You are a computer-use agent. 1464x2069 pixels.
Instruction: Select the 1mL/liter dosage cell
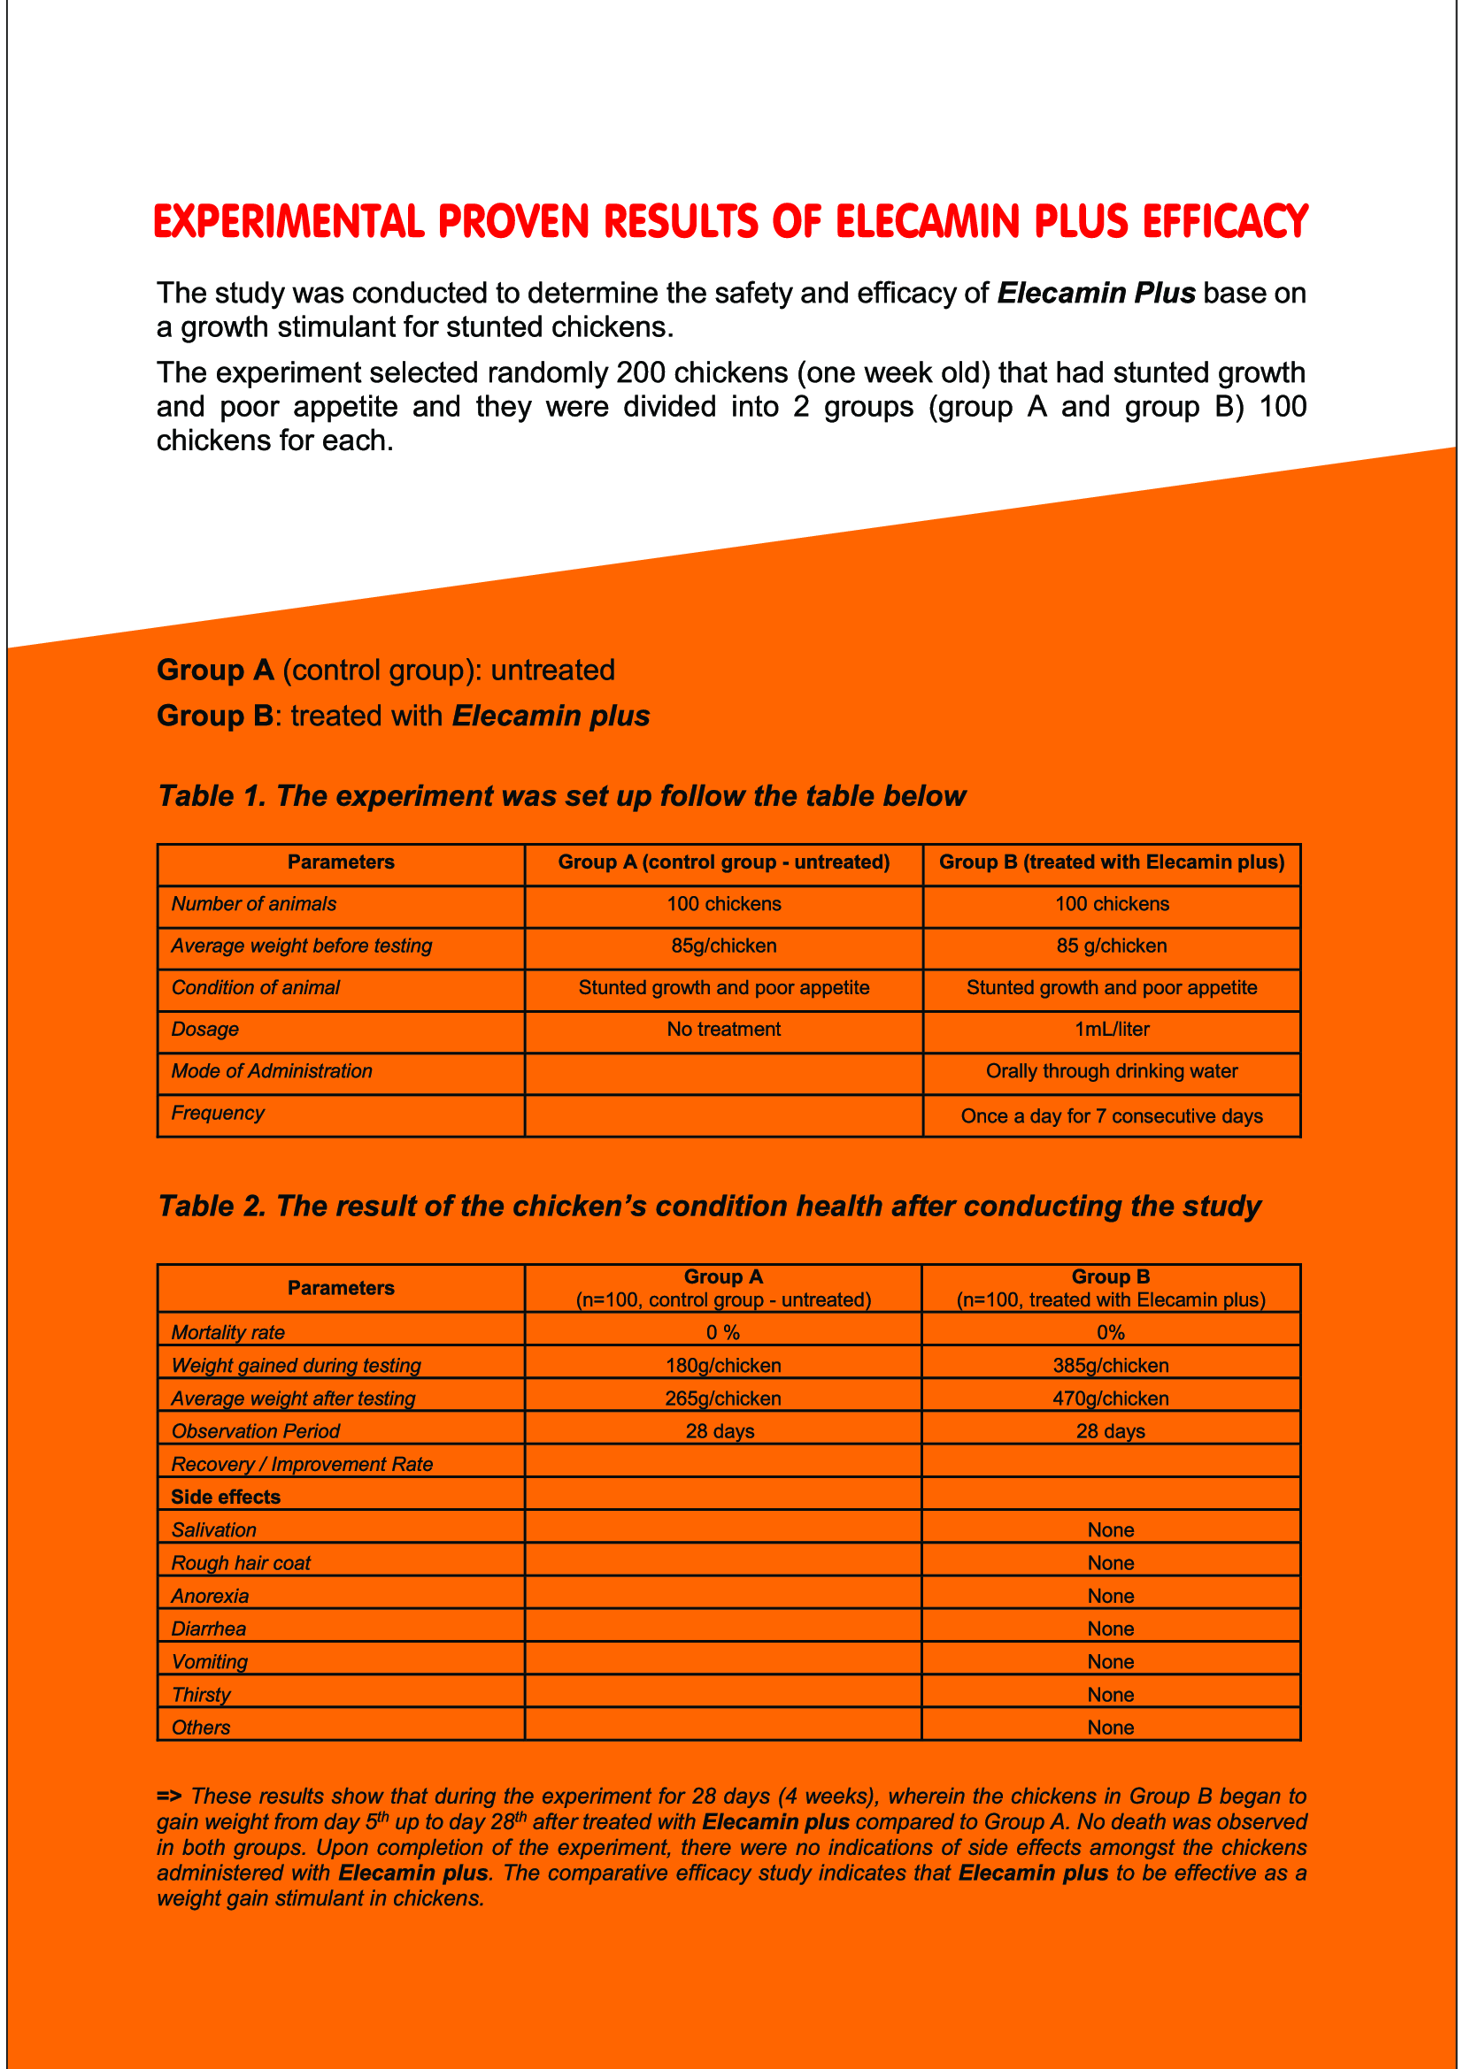pyautogui.click(x=1112, y=1029)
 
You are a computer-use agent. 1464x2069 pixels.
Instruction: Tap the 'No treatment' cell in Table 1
pyautogui.click(x=723, y=1029)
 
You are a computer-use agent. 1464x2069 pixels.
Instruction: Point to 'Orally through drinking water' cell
pyautogui.click(x=1112, y=1070)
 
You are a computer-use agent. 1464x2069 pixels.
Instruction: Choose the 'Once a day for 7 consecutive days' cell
pyautogui.click(x=1112, y=1115)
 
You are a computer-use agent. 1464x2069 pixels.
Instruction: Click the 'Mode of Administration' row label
pyautogui.click(x=272, y=1070)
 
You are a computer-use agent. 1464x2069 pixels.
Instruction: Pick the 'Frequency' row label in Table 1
pyautogui.click(x=217, y=1113)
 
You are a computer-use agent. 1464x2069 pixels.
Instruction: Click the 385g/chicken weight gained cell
pyautogui.click(x=1111, y=1365)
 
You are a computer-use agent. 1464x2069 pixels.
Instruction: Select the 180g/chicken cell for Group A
pyautogui.click(x=723, y=1365)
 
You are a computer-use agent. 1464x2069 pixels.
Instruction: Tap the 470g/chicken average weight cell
pyautogui.click(x=1111, y=1398)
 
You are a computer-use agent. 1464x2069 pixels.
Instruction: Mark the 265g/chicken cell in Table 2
pyautogui.click(x=723, y=1398)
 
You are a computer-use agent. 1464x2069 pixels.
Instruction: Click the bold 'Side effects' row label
pyautogui.click(x=226, y=1497)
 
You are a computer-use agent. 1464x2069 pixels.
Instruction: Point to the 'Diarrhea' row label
pyautogui.click(x=208, y=1628)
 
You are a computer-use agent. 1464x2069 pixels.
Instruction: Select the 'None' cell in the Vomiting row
pyautogui.click(x=1111, y=1662)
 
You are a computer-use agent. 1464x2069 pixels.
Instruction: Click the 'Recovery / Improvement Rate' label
pyautogui.click(x=302, y=1464)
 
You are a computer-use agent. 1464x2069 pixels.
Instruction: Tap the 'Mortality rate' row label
pyautogui.click(x=228, y=1333)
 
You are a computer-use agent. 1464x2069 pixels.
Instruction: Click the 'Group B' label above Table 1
pyautogui.click(x=214, y=716)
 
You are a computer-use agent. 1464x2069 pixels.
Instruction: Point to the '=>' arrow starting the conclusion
pyautogui.click(x=168, y=1796)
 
